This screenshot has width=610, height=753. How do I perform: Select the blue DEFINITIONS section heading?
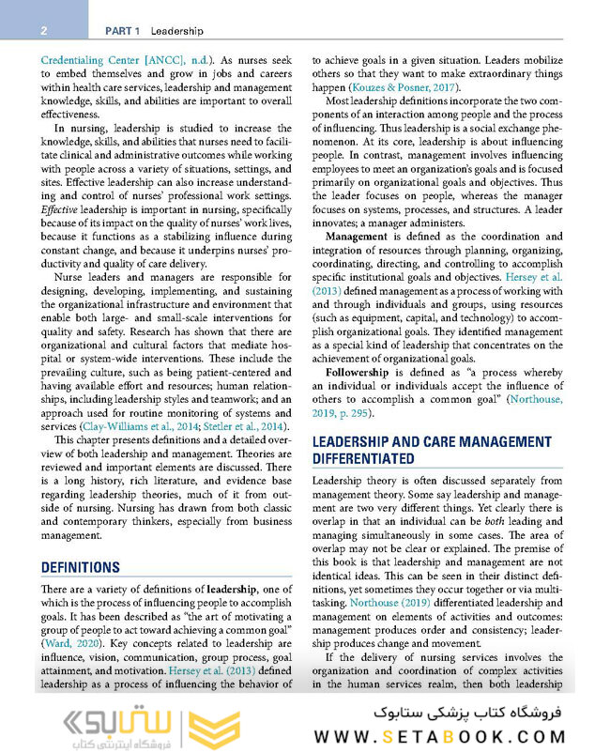[x=81, y=567]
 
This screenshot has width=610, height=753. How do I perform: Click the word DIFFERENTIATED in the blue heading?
[x=363, y=458]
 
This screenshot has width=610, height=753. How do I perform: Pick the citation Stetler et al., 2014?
[x=243, y=426]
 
